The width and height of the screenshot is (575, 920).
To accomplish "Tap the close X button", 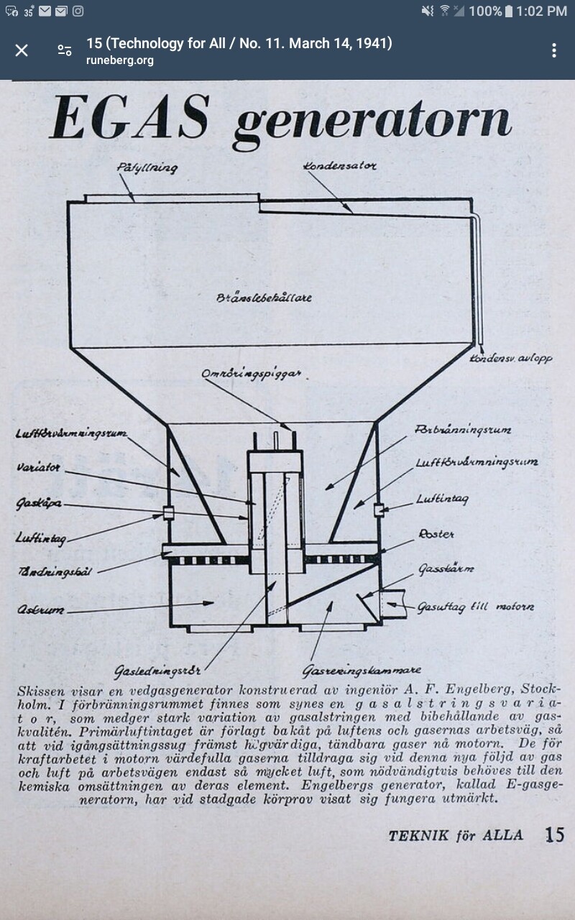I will click(x=22, y=50).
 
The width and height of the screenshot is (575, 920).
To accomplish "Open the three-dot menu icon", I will click(x=553, y=50).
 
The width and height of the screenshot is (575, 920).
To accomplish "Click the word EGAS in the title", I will click(x=130, y=119).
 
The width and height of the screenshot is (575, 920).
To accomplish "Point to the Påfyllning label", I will click(x=147, y=167).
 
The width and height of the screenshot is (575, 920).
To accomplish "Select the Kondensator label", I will click(x=339, y=166).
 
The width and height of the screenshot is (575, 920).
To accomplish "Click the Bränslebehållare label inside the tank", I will click(x=264, y=298).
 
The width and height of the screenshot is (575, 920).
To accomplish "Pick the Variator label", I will click(x=38, y=468).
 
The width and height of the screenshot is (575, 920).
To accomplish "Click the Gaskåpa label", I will click(x=38, y=504).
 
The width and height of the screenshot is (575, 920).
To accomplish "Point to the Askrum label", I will click(x=40, y=610).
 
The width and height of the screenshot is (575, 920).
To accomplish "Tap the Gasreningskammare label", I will click(x=362, y=671).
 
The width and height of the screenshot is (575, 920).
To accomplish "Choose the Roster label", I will click(x=436, y=535).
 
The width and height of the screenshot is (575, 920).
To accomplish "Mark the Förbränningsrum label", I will click(x=463, y=430).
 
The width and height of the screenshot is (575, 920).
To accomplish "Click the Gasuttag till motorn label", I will click(x=476, y=607).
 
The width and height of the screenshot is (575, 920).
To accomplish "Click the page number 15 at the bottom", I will click(x=554, y=835).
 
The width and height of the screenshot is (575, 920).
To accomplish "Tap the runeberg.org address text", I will click(x=120, y=60).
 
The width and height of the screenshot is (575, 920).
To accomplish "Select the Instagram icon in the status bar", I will click(x=78, y=11).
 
